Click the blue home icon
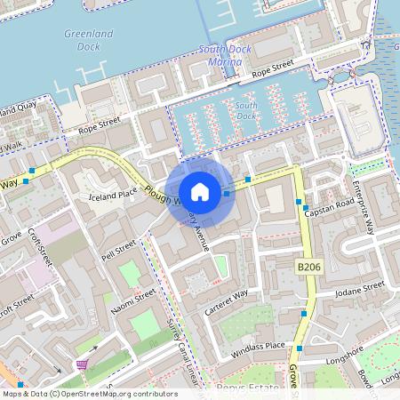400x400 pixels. (x=200, y=191)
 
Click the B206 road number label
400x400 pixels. (x=308, y=267)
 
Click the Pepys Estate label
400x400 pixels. (x=244, y=388)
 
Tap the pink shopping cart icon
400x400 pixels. (x=82, y=364)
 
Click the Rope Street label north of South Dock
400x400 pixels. (x=272, y=69)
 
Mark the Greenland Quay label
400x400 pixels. (x=17, y=110)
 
